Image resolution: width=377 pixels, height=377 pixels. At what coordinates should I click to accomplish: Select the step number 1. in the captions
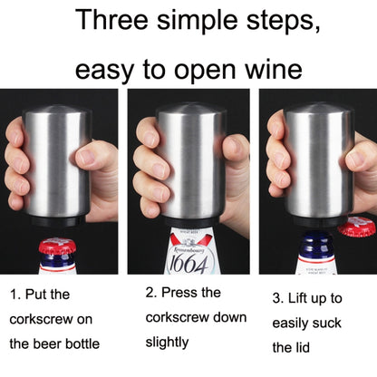tap(17, 295)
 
